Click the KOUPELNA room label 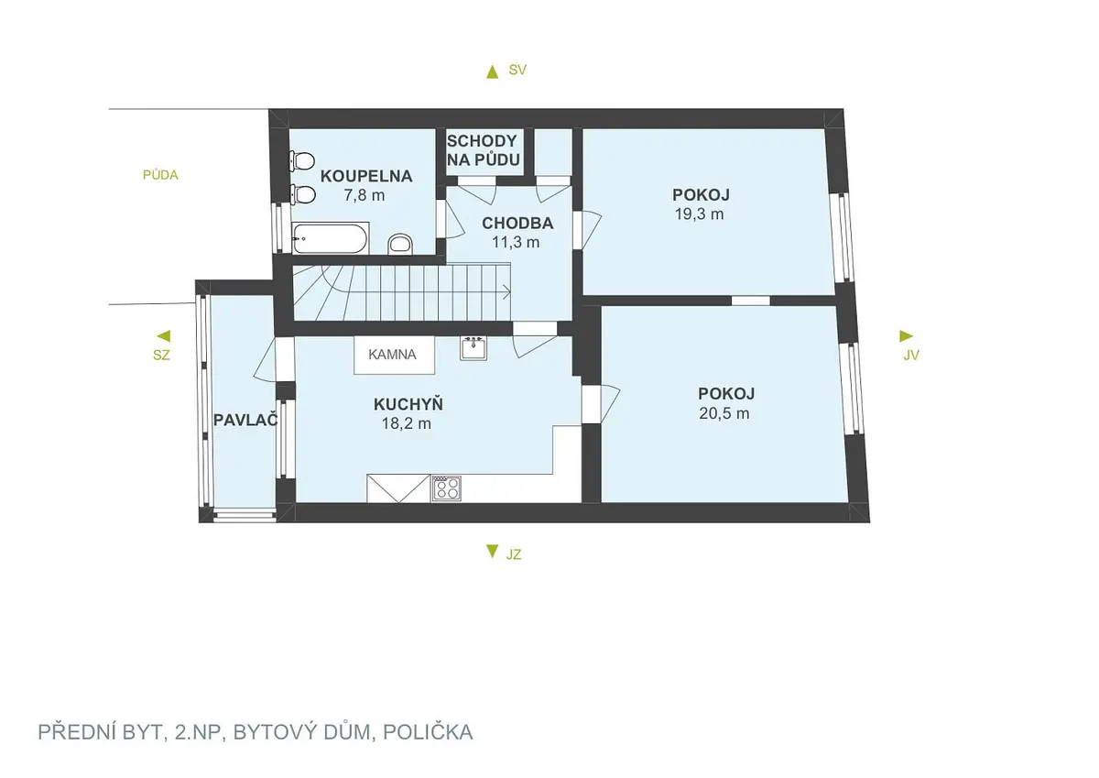[x=366, y=176]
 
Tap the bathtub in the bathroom [x=330, y=238]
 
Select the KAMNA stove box [x=394, y=355]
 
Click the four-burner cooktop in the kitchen [x=446, y=488]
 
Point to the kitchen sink [x=473, y=347]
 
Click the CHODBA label [x=517, y=224]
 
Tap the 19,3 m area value [x=699, y=214]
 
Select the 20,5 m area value [x=724, y=413]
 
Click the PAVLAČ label [x=245, y=421]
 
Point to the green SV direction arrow [x=492, y=72]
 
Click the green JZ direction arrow [x=492, y=552]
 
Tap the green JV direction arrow [x=906, y=336]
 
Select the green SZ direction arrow [x=164, y=336]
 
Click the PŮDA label [x=160, y=175]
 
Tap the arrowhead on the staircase [x=507, y=292]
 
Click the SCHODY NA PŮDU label [x=483, y=150]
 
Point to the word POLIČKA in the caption [x=428, y=732]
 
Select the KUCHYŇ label [x=408, y=404]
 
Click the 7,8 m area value [x=365, y=195]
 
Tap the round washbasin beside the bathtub [x=400, y=244]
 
